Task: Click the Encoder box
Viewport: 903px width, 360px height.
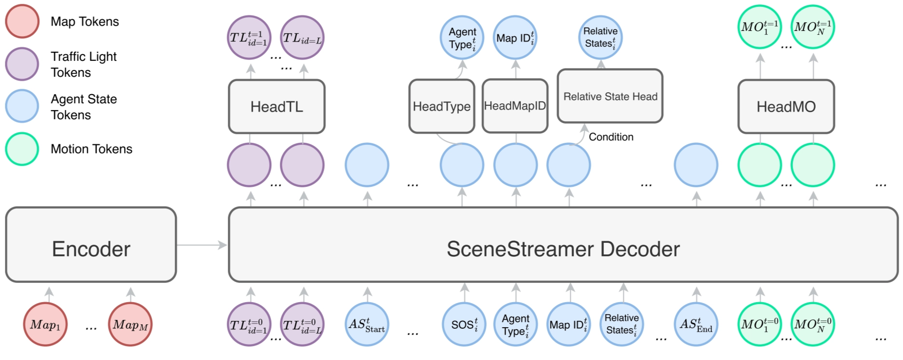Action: [x=91, y=245]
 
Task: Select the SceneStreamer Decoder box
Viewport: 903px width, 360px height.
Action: [x=562, y=245]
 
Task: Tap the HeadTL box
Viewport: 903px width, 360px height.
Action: [x=276, y=107]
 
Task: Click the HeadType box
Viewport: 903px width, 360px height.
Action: [x=441, y=107]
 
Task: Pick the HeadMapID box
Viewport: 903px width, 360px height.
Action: [x=515, y=106]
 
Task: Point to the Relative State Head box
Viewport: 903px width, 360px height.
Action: [x=610, y=96]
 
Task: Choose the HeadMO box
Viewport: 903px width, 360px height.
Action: [x=786, y=107]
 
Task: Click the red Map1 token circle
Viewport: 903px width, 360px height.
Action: [x=45, y=324]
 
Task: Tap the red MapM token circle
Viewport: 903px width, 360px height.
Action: [x=130, y=324]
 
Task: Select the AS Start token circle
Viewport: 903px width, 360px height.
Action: [x=367, y=324]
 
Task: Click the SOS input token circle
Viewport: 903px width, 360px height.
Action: [x=464, y=324]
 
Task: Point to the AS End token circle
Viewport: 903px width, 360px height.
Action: [x=696, y=324]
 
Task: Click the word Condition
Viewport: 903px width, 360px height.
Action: [x=611, y=137]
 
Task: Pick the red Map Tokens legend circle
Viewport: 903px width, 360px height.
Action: [x=22, y=21]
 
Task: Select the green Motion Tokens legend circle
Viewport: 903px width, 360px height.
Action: [x=22, y=149]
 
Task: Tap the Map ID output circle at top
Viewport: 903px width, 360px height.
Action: [x=515, y=38]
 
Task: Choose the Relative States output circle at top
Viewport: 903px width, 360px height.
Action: [x=600, y=38]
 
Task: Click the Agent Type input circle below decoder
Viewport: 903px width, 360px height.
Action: [x=515, y=324]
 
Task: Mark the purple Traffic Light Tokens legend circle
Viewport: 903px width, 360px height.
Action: [x=22, y=64]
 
